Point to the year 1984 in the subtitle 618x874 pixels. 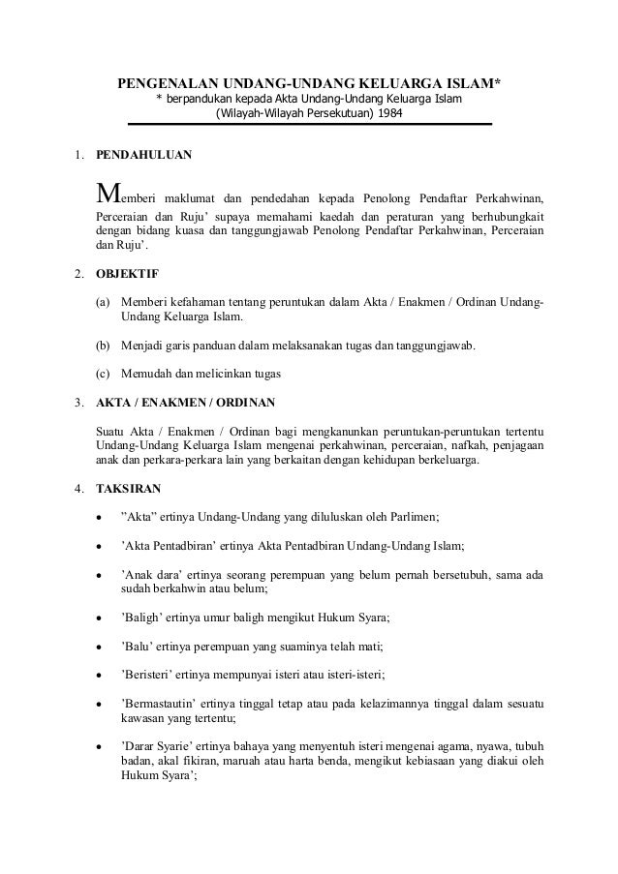pyautogui.click(x=389, y=114)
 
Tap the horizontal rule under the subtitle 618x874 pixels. pyautogui.click(x=309, y=125)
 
